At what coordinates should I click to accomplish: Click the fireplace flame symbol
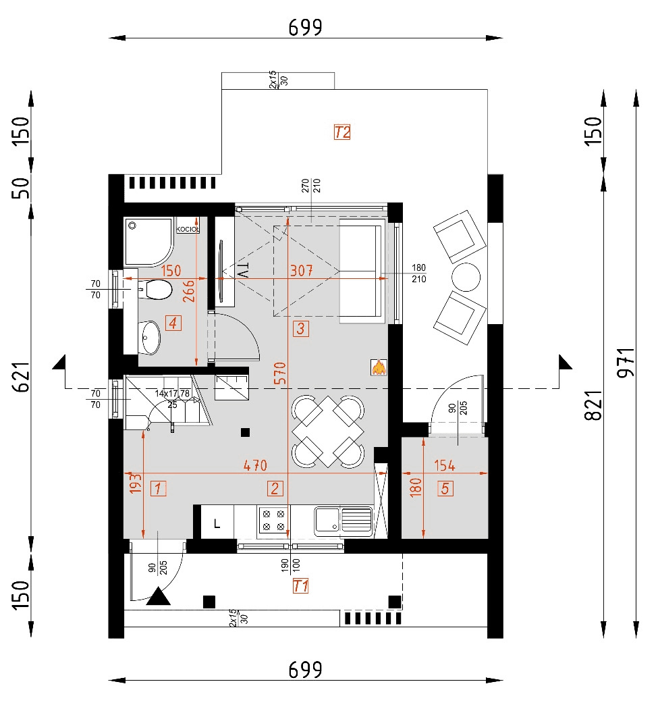click(379, 367)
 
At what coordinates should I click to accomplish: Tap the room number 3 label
click(300, 330)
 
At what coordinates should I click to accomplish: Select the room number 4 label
click(173, 324)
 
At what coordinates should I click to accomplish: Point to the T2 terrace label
click(342, 132)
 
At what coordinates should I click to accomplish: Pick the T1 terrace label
click(301, 586)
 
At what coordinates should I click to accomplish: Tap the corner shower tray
click(148, 241)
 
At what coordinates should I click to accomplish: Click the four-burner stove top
click(273, 521)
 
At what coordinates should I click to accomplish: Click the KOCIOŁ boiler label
click(188, 230)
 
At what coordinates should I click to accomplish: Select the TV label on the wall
click(244, 270)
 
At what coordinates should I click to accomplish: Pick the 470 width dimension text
click(255, 466)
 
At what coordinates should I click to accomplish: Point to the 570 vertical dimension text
click(280, 373)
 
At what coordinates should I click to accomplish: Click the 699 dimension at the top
click(305, 27)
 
